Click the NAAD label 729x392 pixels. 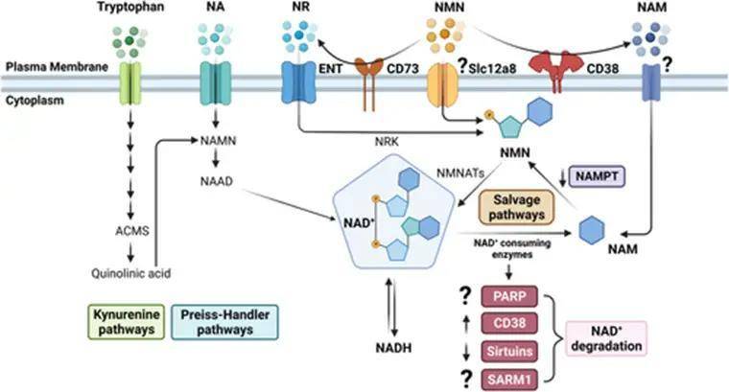[214, 179]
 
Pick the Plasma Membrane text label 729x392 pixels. [47, 70]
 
